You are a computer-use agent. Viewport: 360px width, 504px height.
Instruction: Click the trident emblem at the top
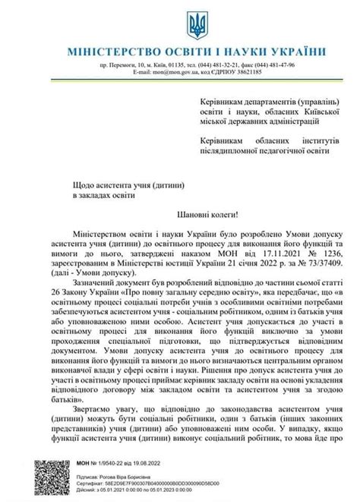click(197, 23)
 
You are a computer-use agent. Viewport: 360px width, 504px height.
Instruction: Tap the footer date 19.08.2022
click(172, 462)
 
